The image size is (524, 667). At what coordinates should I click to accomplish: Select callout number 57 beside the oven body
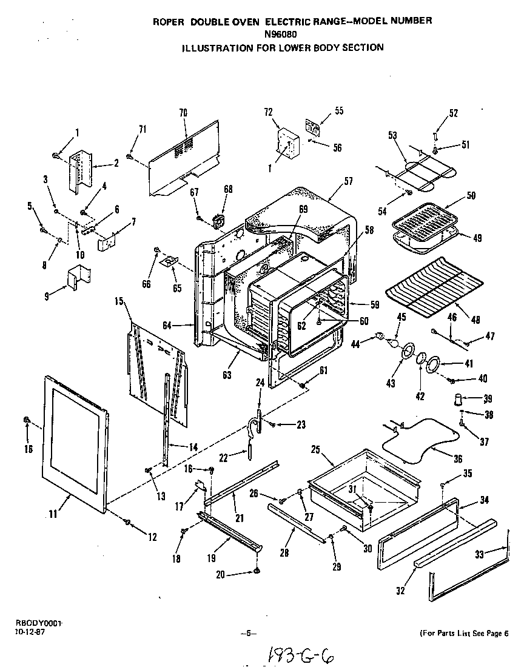[x=348, y=181]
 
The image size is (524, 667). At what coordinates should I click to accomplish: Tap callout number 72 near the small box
[x=269, y=112]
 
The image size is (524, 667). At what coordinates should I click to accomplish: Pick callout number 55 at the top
[x=338, y=110]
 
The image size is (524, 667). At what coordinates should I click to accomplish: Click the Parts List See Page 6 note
[x=464, y=634]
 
